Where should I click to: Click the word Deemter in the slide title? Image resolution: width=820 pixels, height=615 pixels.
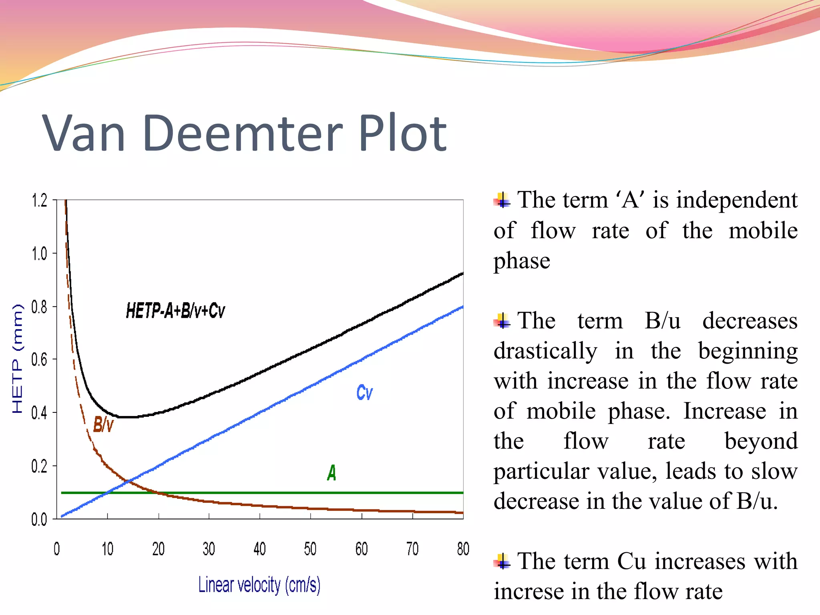tap(242, 133)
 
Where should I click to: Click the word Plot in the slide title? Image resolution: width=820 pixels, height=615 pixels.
tap(402, 133)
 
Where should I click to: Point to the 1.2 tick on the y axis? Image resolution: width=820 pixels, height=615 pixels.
tap(39, 200)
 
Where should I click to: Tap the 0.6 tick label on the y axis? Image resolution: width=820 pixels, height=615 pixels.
tap(39, 360)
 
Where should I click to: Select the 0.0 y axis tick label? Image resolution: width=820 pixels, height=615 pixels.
tap(39, 519)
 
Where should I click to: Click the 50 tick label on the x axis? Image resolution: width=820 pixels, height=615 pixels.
tap(310, 549)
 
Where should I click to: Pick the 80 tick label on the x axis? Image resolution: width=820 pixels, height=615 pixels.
tap(463, 549)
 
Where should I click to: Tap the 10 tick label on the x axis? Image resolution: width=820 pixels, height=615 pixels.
tap(107, 549)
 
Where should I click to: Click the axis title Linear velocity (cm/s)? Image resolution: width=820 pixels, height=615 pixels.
tap(259, 585)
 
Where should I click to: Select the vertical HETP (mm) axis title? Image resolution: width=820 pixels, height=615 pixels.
tap(18, 359)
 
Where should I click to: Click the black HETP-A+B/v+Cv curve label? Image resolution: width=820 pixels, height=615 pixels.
tap(175, 311)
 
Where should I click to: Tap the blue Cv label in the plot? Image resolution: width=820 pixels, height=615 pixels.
tap(364, 392)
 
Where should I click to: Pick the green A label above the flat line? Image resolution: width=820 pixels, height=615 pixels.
tap(332, 473)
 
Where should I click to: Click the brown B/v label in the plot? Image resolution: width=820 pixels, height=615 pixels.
tap(103, 424)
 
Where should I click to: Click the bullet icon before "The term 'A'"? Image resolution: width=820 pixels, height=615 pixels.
tap(502, 200)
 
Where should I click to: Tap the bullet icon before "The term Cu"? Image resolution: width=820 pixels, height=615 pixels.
tap(502, 561)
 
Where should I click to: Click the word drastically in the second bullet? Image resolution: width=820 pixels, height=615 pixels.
tap(545, 351)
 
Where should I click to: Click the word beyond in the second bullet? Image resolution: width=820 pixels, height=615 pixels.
tap(761, 441)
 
